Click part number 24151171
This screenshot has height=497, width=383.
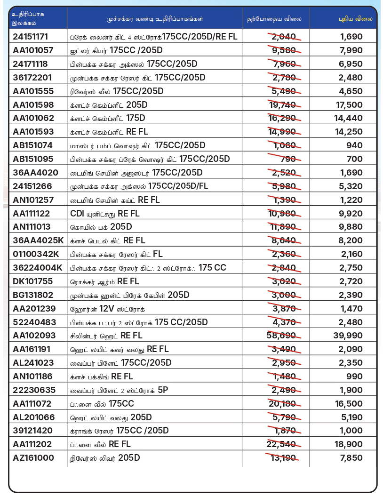click(x=31, y=36)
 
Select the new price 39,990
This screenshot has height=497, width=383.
click(x=349, y=336)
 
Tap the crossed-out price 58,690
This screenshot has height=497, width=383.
click(x=281, y=336)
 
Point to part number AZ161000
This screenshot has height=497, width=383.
click(x=33, y=458)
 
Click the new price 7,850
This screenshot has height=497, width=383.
click(x=351, y=458)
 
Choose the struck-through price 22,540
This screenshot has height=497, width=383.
click(x=281, y=444)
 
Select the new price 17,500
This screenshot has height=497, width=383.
click(x=349, y=104)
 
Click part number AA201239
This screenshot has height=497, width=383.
click(x=34, y=309)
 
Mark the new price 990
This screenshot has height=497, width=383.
click(x=355, y=377)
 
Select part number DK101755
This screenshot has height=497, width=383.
click(x=33, y=281)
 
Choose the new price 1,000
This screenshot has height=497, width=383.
click(x=351, y=431)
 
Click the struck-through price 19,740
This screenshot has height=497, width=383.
click(x=281, y=104)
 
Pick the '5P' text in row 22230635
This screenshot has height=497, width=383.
click(x=163, y=390)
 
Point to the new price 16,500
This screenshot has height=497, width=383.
click(x=349, y=404)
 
